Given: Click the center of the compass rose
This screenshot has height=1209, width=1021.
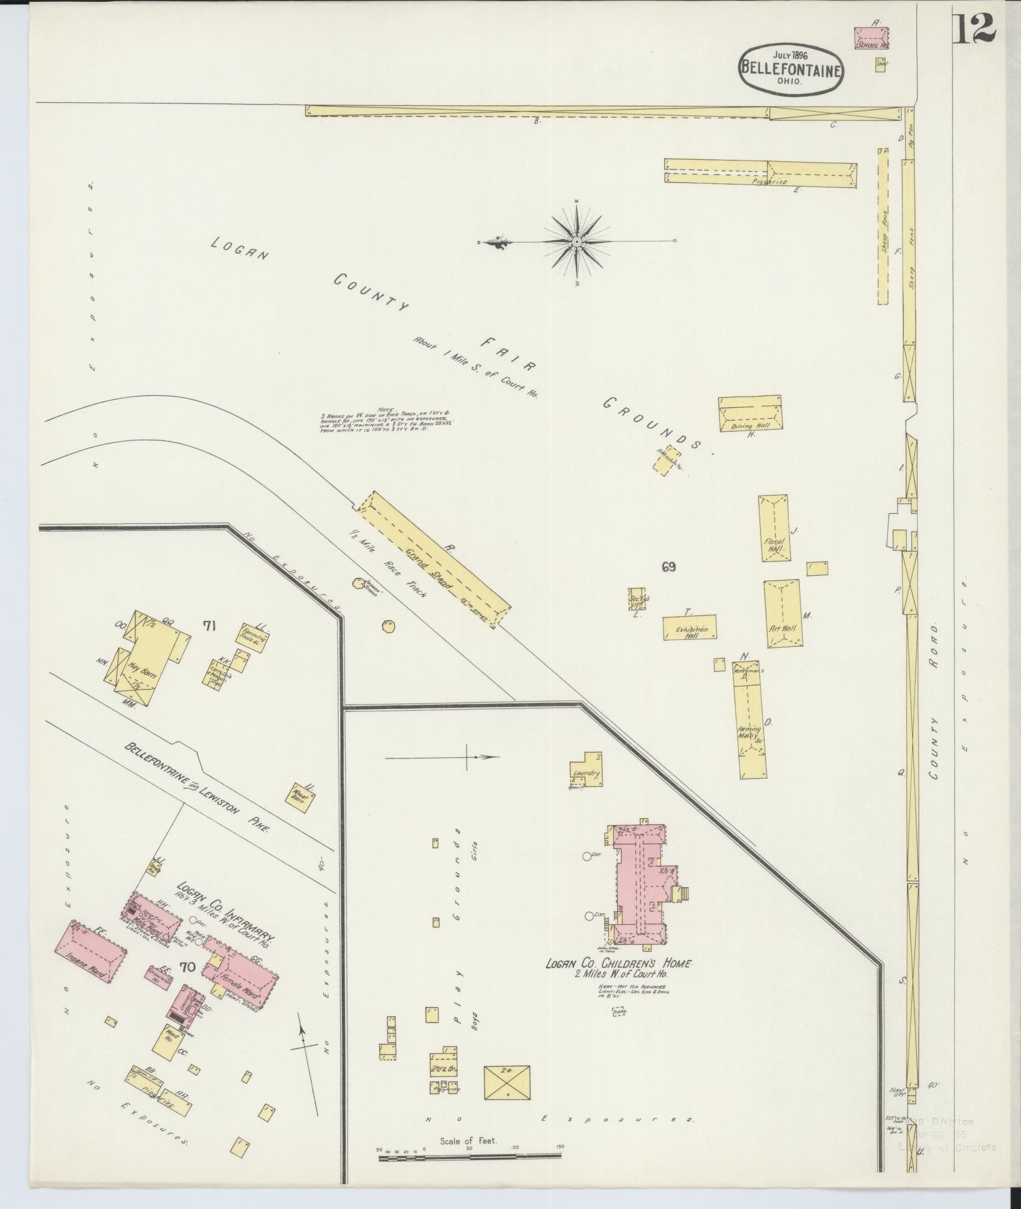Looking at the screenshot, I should [x=576, y=242].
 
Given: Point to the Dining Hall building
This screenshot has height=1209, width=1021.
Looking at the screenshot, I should [x=749, y=413].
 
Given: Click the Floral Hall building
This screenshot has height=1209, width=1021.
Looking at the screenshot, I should [x=774, y=528].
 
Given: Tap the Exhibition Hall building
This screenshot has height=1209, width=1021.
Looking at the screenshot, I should [x=689, y=628].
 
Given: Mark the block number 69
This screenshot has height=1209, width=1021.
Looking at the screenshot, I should [x=668, y=567].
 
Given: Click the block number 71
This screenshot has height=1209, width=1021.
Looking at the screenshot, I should [x=210, y=625].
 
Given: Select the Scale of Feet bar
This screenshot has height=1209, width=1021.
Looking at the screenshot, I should [x=470, y=1156].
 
